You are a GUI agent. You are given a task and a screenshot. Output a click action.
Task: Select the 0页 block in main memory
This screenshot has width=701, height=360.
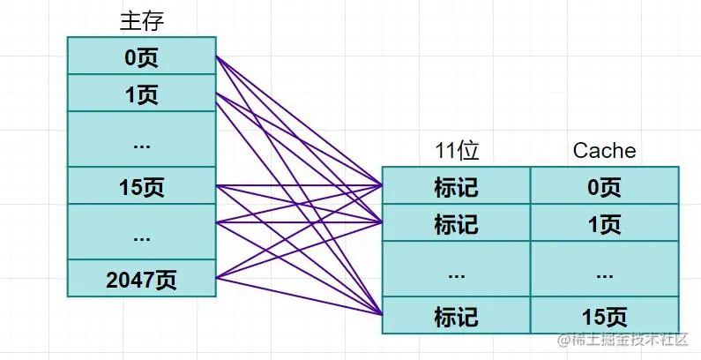click(142, 56)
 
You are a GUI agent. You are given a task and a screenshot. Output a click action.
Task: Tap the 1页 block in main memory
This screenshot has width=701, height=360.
click(142, 94)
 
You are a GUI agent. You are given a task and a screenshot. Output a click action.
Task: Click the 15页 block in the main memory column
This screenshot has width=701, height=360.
click(142, 186)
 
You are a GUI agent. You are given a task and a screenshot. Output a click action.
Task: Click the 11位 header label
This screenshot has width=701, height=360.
click(456, 151)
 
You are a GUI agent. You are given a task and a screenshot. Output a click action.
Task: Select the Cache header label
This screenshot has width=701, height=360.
click(604, 151)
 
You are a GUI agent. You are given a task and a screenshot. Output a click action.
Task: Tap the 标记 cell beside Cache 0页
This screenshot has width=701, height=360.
click(456, 186)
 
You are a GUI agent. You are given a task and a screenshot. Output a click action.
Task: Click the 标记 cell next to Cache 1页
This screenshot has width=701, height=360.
click(456, 223)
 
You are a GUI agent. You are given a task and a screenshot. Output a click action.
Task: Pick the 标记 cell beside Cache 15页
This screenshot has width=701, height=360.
click(456, 315)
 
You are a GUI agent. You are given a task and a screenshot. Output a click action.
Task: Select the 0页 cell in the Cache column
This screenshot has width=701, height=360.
click(604, 186)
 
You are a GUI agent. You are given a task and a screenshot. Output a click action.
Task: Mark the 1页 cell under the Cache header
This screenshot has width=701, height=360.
click(604, 223)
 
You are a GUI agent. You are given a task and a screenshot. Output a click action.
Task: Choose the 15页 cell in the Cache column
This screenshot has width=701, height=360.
click(604, 315)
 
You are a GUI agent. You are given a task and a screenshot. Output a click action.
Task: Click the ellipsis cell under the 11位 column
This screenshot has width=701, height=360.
click(456, 270)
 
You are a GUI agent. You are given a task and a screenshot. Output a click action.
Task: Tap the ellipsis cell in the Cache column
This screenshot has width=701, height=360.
click(604, 270)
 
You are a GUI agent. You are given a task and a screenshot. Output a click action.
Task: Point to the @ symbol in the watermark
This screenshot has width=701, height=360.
click(561, 341)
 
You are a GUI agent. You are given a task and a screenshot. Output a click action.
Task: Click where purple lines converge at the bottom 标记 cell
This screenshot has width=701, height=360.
click(383, 314)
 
